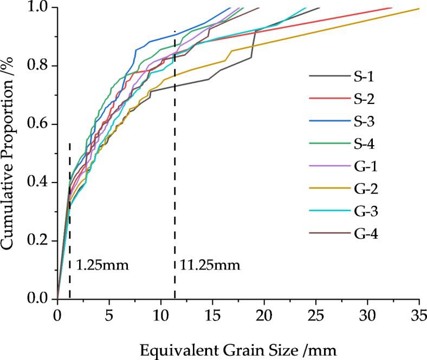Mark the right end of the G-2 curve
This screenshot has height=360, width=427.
tap(419, 9)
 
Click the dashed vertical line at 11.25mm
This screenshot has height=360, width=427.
tap(174, 217)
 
